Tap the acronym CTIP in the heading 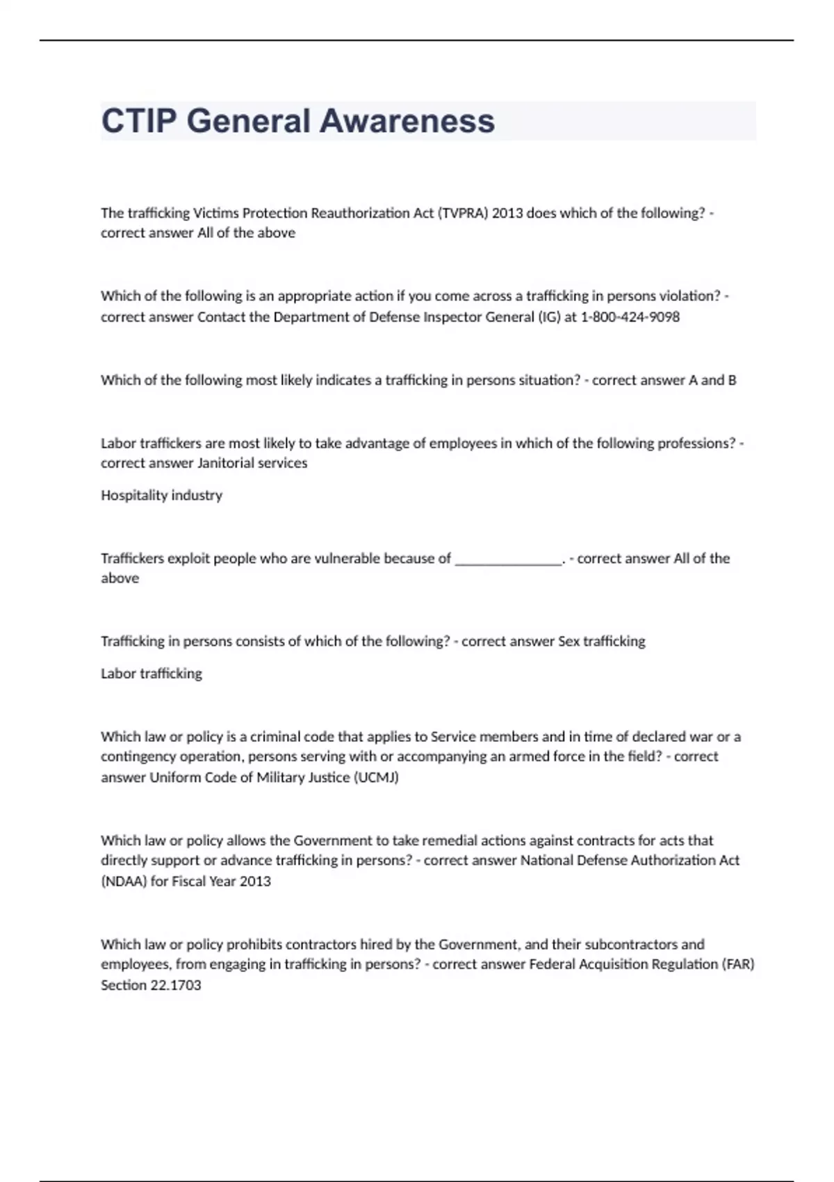click(139, 121)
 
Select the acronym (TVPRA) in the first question click(463, 213)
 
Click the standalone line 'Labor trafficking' click(152, 673)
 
